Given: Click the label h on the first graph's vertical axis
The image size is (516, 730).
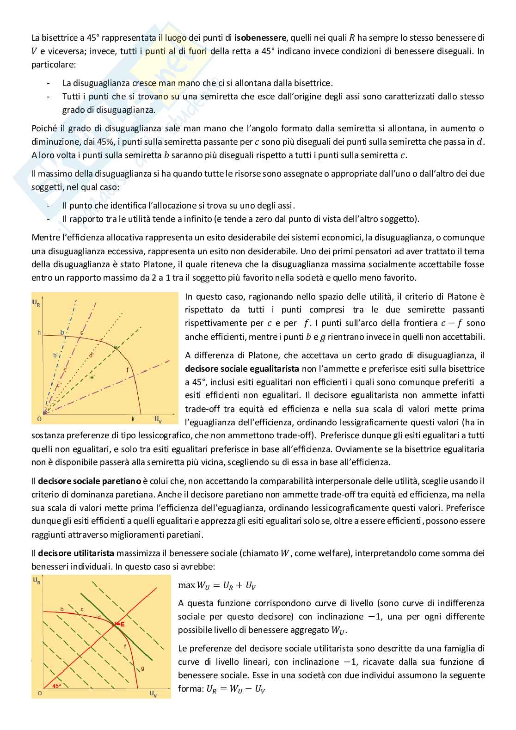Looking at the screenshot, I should (x=39, y=332).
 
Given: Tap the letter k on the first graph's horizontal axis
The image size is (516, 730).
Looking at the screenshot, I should (x=133, y=419).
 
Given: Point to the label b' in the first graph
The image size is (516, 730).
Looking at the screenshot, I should (x=55, y=355).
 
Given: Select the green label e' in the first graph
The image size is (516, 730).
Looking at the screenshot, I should (x=92, y=377).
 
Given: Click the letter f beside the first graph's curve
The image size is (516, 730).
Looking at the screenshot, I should (x=128, y=370).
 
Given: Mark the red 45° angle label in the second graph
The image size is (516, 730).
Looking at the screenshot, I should (x=56, y=686).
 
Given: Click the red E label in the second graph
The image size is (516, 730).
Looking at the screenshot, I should (x=121, y=624).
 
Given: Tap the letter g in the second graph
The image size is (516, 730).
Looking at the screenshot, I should (x=142, y=668).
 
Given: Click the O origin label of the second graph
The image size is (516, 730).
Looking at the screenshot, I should (x=40, y=693).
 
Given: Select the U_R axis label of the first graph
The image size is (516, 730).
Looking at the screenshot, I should (x=36, y=303).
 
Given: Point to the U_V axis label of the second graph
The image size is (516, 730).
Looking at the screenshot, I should (x=153, y=693).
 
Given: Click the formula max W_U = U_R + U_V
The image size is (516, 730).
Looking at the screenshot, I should (x=217, y=585).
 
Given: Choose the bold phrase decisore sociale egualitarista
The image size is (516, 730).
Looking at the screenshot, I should (x=242, y=369).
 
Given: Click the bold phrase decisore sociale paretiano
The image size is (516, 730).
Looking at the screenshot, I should (x=89, y=481).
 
